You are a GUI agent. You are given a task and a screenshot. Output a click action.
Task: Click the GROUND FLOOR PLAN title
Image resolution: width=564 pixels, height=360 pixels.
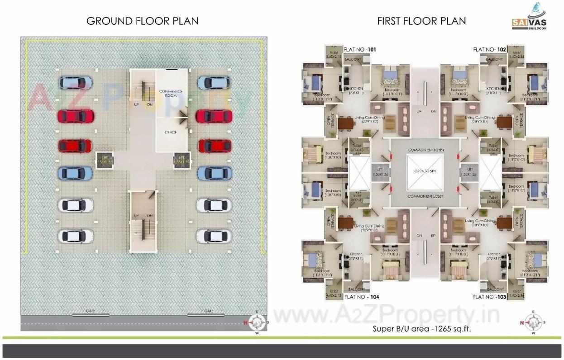143,21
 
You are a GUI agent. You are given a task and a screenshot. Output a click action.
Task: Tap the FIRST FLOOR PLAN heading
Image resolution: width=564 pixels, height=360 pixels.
421,21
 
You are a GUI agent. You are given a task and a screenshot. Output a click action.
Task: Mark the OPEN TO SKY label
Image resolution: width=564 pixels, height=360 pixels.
424,172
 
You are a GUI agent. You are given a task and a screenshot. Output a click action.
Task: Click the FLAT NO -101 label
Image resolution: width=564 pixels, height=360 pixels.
360,49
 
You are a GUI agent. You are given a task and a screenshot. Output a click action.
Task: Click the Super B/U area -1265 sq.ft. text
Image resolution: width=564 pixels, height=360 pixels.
421,329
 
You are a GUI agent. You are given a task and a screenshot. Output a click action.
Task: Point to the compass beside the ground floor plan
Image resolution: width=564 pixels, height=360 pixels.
257,322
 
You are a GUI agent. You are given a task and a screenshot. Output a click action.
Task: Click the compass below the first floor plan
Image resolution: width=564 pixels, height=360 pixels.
532,322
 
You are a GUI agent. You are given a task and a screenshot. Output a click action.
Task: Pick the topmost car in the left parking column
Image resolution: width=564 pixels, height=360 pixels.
76,83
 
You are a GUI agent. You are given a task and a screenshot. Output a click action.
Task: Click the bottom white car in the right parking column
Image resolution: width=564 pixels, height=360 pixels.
214,236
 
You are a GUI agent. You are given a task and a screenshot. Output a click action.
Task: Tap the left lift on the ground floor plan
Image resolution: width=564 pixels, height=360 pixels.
104,159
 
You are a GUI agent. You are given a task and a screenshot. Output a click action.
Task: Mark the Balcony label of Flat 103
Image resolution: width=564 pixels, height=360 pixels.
495,289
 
